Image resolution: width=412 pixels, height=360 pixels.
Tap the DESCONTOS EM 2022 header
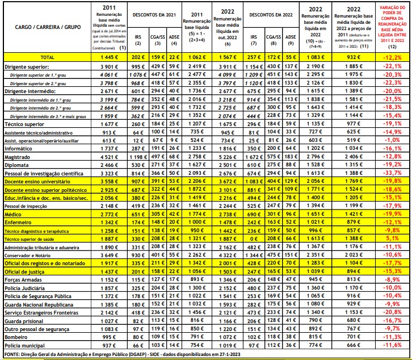267,12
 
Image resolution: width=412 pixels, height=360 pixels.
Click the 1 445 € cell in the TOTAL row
107,58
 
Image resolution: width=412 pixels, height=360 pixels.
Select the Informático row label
19,148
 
